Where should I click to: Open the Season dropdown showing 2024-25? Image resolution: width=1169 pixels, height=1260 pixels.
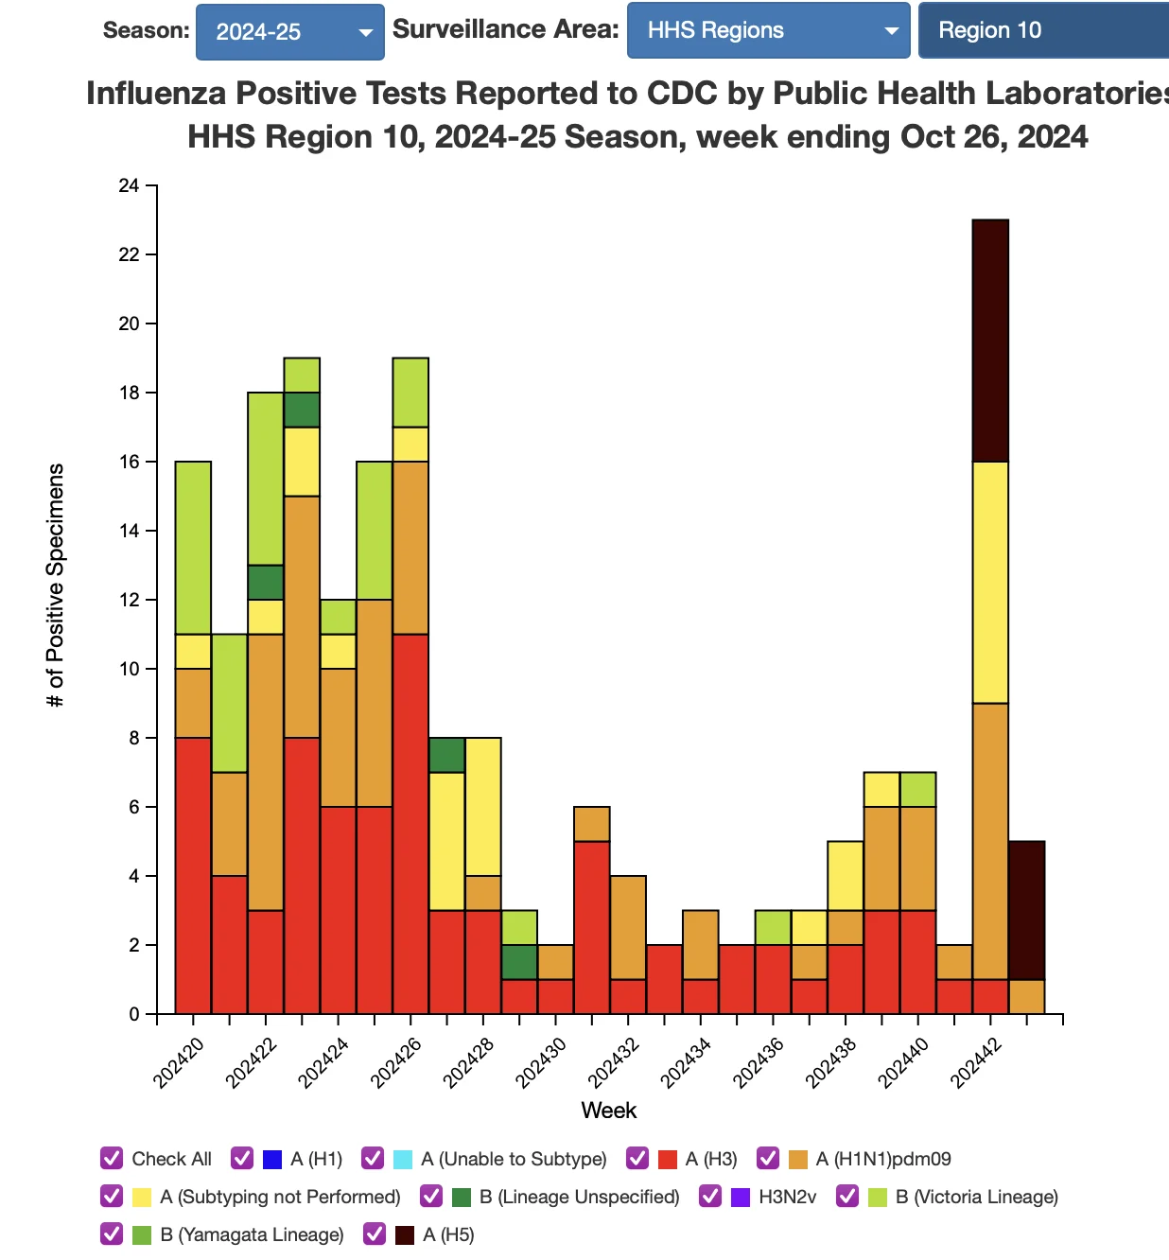(290, 32)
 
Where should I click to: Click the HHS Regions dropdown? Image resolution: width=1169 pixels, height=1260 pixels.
(769, 30)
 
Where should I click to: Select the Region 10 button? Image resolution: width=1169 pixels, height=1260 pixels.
(1043, 30)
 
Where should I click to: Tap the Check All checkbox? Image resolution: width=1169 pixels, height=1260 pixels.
(112, 1158)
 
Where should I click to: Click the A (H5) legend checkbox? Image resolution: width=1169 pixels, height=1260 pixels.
(375, 1234)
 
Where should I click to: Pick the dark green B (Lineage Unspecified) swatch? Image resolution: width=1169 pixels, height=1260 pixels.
(462, 1198)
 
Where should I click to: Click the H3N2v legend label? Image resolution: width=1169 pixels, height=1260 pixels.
(788, 1197)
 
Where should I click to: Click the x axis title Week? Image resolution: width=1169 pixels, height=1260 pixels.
(608, 1111)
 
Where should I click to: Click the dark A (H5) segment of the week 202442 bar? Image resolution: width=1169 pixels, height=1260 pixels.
(990, 341)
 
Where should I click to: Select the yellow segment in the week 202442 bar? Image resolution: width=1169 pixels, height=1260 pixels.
(990, 583)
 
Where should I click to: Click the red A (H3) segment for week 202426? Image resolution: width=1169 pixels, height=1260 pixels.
(410, 824)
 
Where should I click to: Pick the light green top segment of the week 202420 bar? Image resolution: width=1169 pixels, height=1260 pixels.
(193, 548)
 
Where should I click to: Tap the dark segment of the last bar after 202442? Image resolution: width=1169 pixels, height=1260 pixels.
(1027, 910)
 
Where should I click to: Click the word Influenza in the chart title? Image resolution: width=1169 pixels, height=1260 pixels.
(156, 94)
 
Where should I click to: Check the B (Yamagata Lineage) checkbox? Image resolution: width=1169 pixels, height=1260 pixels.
(112, 1234)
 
